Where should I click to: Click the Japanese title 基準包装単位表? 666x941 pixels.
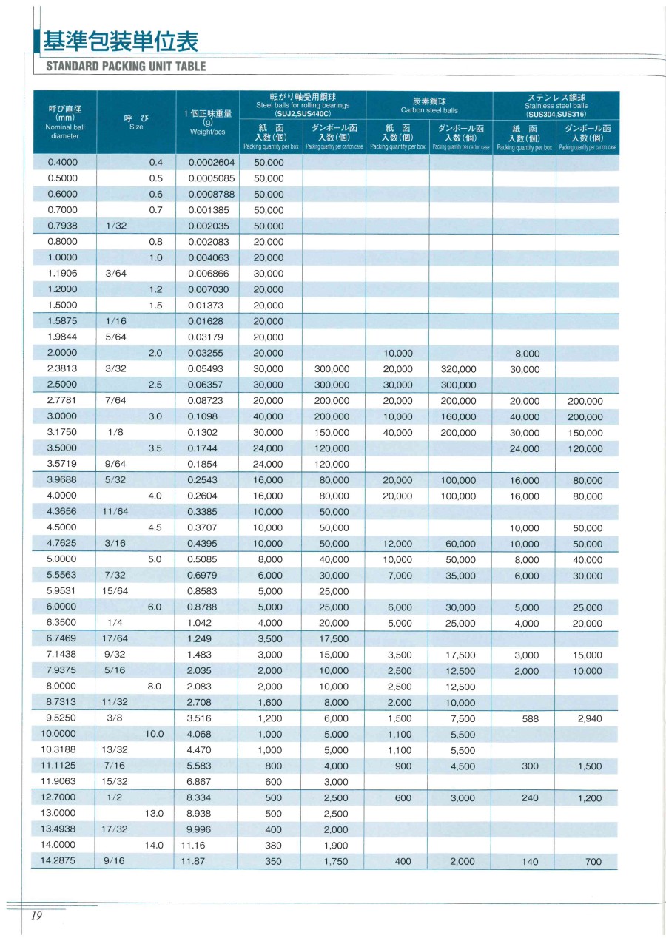tap(121, 41)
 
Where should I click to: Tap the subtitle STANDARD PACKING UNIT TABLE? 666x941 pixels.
tap(126, 67)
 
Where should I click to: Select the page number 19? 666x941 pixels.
tap(37, 916)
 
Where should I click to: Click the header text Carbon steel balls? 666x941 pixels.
tap(429, 111)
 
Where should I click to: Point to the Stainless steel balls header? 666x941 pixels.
tap(556, 106)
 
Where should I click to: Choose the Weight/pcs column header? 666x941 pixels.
tap(207, 131)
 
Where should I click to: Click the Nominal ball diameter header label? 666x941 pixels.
tap(64, 131)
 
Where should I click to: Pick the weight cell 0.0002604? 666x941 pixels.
tap(211, 162)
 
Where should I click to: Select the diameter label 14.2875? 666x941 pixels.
tap(63, 860)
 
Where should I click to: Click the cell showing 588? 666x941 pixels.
tap(530, 718)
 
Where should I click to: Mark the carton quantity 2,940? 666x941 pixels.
tap(588, 718)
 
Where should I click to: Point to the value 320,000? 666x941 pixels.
tap(458, 369)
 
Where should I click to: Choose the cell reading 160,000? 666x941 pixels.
tap(458, 416)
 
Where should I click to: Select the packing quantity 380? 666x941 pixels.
tap(273, 846)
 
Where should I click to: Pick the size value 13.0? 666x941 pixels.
tap(154, 813)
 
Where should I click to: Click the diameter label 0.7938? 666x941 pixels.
tap(63, 226)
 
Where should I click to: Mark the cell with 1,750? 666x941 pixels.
tap(336, 861)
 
